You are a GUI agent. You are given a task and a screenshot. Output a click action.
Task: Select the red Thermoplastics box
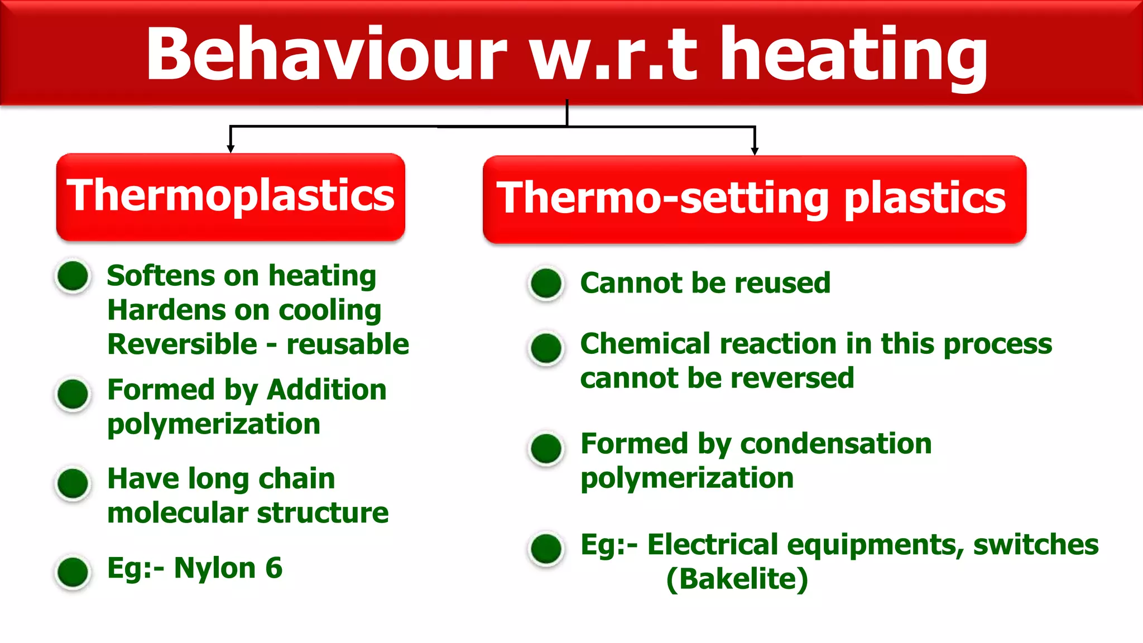[x=230, y=197]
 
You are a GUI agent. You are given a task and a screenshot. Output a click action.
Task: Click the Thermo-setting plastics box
[x=754, y=199]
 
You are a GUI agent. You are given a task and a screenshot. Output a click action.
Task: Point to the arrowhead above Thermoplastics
[x=230, y=148]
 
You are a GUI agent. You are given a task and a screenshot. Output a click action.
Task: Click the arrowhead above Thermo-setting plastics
[x=755, y=151]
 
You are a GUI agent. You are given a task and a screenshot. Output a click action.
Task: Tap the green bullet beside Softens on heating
[x=73, y=276]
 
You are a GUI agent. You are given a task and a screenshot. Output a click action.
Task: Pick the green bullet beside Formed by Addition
[x=73, y=394]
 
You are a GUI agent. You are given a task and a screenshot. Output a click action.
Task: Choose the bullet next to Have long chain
[x=73, y=482]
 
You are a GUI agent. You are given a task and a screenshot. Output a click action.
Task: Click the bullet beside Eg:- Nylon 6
[x=73, y=572]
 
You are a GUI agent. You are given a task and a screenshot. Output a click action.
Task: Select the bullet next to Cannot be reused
[x=546, y=283]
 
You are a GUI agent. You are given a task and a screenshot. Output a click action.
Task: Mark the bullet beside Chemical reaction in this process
[x=546, y=348]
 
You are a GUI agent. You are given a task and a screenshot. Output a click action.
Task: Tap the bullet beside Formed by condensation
[x=546, y=448]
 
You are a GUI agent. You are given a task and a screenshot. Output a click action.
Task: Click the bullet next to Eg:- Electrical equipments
[x=546, y=548]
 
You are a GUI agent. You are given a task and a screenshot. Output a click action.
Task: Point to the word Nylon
[x=215, y=568]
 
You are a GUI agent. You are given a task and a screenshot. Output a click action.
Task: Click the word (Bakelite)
[x=737, y=579]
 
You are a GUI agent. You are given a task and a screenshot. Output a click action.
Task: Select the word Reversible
[x=183, y=344]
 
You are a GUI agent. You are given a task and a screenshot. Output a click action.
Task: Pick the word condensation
[x=835, y=444]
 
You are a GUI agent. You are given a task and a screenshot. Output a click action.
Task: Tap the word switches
[x=1036, y=544]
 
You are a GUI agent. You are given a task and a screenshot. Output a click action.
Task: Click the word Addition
[x=326, y=390]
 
